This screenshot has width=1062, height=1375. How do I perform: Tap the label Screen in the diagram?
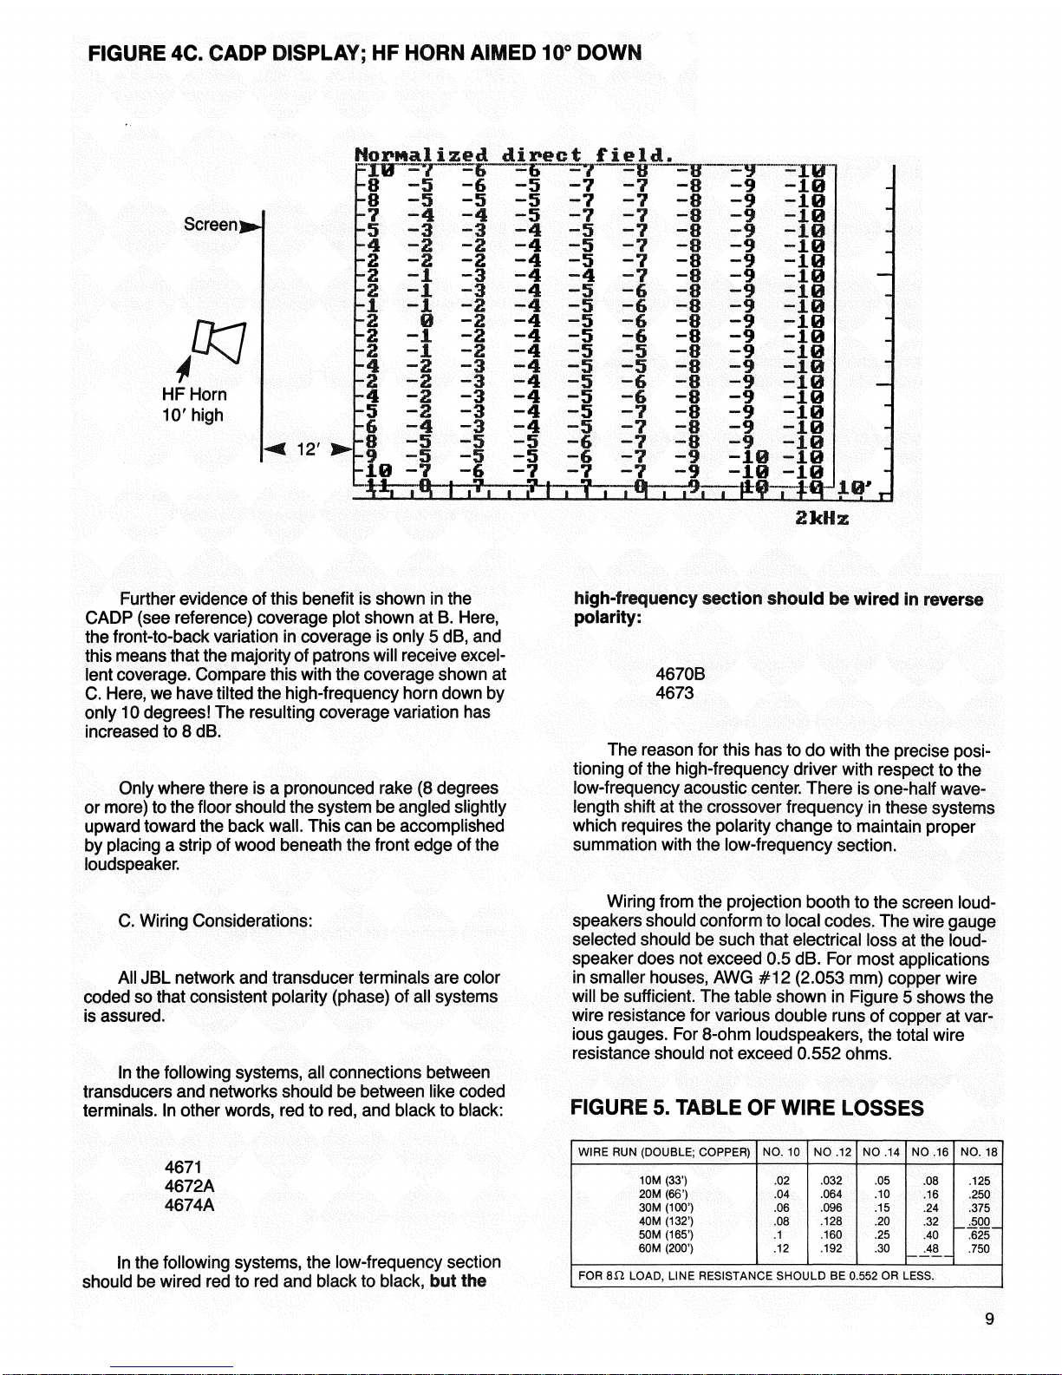tap(211, 225)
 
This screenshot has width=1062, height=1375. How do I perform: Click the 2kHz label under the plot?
tap(821, 519)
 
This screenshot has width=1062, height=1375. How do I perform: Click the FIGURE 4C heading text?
tap(364, 53)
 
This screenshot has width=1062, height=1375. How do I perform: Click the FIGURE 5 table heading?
tap(746, 1108)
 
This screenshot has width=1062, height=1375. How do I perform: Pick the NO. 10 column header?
tap(781, 1152)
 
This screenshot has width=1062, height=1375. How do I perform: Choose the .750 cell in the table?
tap(980, 1249)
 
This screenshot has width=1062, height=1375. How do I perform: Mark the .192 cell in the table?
tap(831, 1249)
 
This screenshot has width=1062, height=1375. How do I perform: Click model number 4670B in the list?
tap(681, 673)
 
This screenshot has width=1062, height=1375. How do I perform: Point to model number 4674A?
tap(189, 1205)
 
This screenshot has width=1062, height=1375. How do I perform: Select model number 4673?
tap(674, 692)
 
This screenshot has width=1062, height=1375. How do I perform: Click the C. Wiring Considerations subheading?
tap(215, 920)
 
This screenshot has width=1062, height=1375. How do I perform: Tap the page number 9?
tap(989, 1319)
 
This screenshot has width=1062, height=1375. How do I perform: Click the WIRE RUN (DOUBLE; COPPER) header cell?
tap(663, 1152)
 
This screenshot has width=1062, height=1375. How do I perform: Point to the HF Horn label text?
tap(193, 395)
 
